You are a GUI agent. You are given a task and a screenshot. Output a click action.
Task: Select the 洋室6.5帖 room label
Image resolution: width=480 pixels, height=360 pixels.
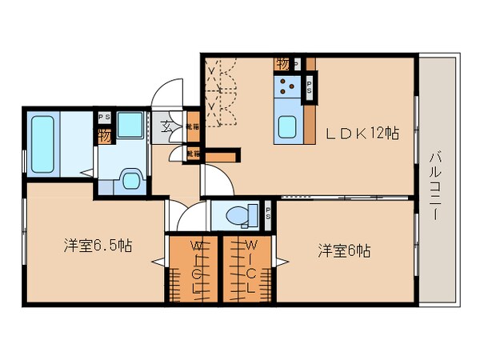[98, 246]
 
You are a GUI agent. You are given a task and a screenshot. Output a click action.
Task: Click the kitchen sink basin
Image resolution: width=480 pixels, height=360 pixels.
[287, 126]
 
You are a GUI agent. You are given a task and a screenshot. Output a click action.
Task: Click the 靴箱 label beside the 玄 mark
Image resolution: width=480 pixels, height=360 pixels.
[191, 126]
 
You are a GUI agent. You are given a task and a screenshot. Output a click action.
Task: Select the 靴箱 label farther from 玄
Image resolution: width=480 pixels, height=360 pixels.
[192, 152]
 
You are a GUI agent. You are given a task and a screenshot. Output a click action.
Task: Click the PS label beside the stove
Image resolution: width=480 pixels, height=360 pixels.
[310, 86]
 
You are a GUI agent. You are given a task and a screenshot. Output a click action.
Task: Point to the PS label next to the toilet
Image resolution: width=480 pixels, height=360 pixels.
[267, 214]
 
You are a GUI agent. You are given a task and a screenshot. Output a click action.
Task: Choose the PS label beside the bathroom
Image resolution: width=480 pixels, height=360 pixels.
[104, 118]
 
